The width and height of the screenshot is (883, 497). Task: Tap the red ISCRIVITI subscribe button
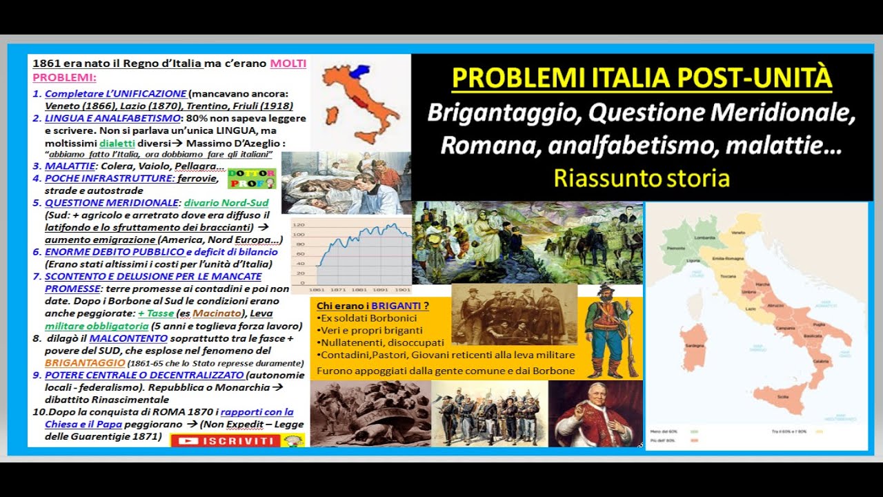225,440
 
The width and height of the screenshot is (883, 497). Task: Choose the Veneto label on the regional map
738,233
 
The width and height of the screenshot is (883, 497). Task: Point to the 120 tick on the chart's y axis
298,225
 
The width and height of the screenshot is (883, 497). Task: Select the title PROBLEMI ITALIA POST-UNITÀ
642,78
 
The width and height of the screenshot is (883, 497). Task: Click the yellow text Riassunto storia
642,178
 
